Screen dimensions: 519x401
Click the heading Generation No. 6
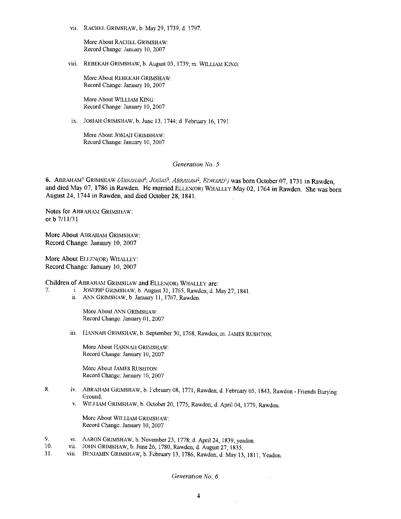pos(195,476)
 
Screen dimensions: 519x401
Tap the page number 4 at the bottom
pos(198,496)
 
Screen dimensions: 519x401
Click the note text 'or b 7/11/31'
pos(62,219)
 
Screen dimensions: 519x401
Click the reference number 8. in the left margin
pos(47,390)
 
